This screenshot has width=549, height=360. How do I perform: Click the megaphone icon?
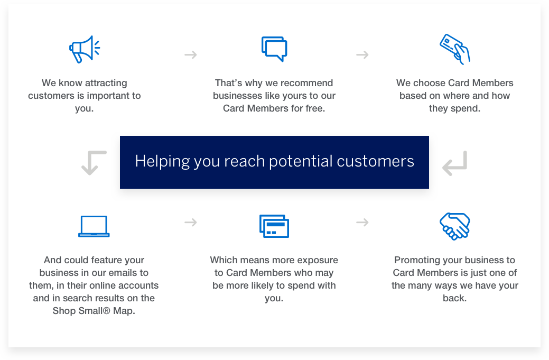(x=84, y=49)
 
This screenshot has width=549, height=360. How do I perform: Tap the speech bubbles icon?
(x=274, y=49)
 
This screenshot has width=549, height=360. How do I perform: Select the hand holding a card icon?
(x=454, y=49)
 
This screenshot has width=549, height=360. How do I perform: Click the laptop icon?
(x=94, y=226)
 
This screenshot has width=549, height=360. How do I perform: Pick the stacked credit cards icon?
(x=274, y=226)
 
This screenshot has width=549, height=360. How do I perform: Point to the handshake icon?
(x=454, y=226)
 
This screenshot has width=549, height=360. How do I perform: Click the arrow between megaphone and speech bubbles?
(x=191, y=54)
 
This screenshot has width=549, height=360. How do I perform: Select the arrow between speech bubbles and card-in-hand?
(x=362, y=54)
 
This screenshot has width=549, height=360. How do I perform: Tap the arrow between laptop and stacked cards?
(x=191, y=223)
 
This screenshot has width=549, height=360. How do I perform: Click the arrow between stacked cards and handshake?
(x=362, y=223)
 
